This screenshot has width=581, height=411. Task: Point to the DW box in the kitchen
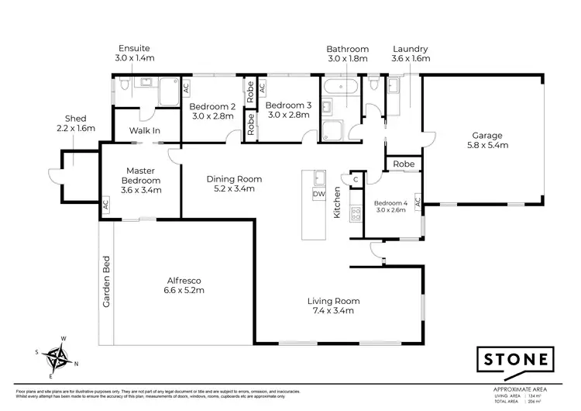coord(318,194)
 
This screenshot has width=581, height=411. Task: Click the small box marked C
coord(356,178)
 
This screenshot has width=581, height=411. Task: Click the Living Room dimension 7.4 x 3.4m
coord(334,311)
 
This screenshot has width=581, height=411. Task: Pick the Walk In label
coord(145,131)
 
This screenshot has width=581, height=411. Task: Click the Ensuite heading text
coord(135,48)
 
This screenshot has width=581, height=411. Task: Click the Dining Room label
coord(233,179)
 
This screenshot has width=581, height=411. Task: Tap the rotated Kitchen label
coord(337,202)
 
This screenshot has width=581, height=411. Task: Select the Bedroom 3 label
coord(287,106)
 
